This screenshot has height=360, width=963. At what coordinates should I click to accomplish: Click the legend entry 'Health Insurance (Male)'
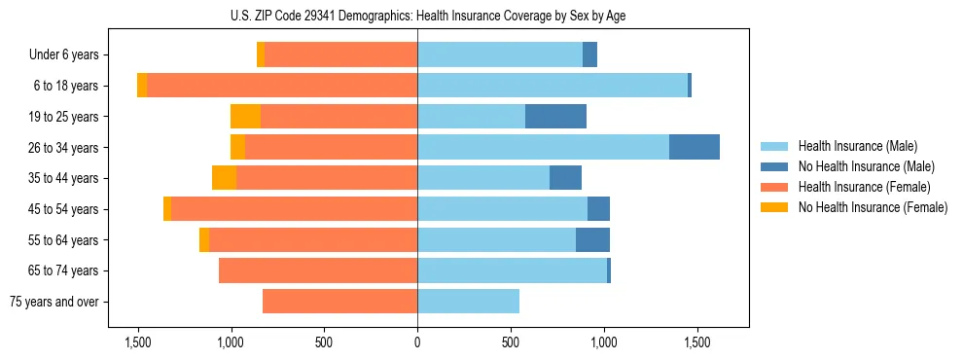point(856,146)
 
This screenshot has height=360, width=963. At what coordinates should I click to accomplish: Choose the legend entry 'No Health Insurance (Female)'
point(873,207)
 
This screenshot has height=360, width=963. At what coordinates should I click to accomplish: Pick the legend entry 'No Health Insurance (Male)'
point(866,166)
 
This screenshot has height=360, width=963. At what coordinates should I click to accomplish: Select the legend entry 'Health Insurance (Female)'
point(864,187)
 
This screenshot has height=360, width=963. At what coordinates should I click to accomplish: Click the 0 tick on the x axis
point(417,342)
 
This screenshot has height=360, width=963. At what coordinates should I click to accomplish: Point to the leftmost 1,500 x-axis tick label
point(138,342)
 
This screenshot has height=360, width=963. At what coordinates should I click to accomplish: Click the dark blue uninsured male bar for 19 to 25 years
point(555,117)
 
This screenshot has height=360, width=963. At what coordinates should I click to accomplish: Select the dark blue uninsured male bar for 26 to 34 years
point(694,147)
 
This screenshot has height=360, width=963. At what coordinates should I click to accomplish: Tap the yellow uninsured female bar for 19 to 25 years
point(245,117)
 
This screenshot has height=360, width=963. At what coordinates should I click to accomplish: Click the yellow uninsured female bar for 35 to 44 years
point(224,178)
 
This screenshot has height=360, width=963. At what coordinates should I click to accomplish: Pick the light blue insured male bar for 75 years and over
point(468,302)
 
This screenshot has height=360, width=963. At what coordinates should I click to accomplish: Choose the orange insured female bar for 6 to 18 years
point(282,86)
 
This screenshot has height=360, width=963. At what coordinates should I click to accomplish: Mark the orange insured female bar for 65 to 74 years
point(318,270)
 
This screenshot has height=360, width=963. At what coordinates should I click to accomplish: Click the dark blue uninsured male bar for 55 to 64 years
point(592,239)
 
